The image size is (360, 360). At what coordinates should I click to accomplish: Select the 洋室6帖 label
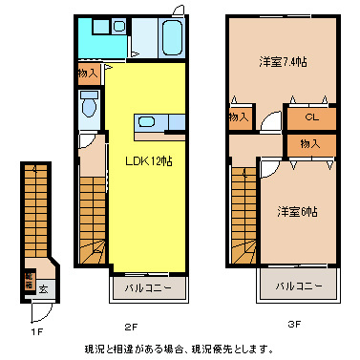[297, 210]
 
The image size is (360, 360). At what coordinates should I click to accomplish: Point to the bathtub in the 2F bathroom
[173, 38]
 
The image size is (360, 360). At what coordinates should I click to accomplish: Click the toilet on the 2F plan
[90, 107]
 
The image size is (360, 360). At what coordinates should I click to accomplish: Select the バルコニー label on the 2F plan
[146, 286]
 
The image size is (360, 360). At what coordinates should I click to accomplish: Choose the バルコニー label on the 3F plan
[299, 286]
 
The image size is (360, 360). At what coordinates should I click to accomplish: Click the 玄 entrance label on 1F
[44, 285]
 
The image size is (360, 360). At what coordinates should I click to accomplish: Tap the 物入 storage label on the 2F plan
[87, 73]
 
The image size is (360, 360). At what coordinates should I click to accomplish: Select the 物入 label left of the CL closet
[239, 116]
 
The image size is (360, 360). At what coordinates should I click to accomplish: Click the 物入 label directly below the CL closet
[310, 143]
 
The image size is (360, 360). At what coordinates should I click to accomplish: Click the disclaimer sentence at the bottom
[179, 349]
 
